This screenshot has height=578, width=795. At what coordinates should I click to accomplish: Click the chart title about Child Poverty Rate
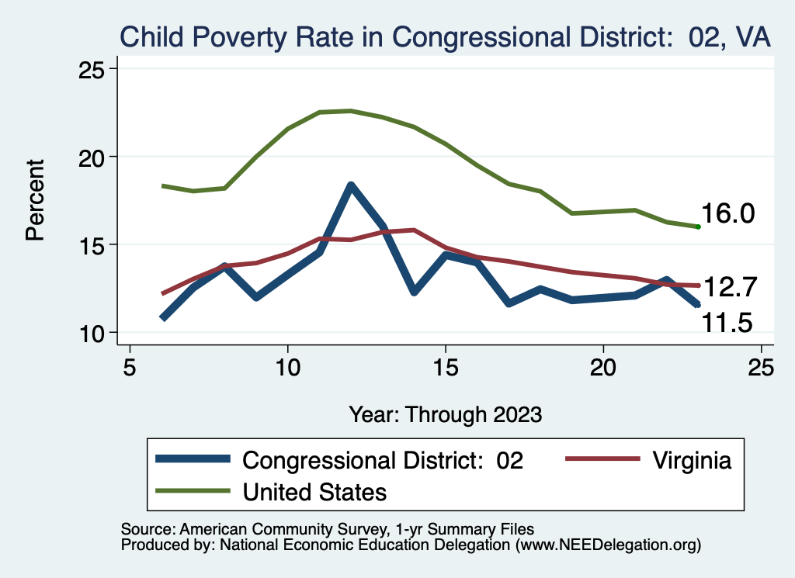pyautogui.click(x=444, y=37)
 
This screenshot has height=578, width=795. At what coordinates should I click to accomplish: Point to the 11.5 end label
pyautogui.click(x=727, y=321)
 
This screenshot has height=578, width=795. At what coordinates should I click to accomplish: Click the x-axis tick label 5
pyautogui.click(x=130, y=368)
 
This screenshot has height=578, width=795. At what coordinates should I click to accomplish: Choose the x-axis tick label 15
pyautogui.click(x=446, y=368)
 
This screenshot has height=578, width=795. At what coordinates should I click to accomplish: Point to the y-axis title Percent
pyautogui.click(x=36, y=200)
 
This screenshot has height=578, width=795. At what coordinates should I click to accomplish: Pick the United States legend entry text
pyautogui.click(x=314, y=491)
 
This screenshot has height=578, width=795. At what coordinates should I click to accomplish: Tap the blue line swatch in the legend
pyautogui.click(x=193, y=459)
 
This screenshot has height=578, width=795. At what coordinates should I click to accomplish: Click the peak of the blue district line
pyautogui.click(x=351, y=185)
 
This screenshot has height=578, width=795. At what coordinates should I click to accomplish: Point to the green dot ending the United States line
pyautogui.click(x=699, y=227)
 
